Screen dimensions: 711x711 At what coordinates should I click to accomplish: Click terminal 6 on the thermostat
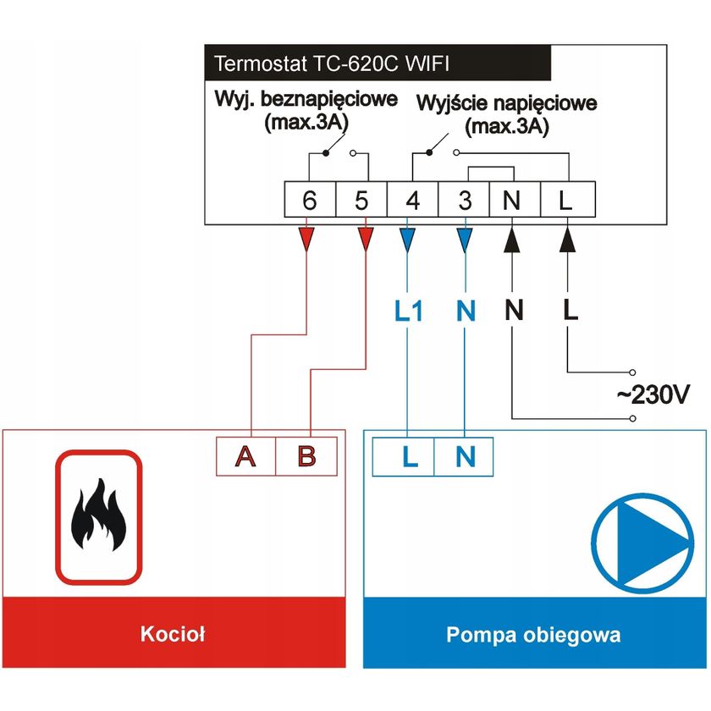point(310,201)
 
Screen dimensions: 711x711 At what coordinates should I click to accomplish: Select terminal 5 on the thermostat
point(361,201)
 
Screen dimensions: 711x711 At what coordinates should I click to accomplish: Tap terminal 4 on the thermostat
point(413,201)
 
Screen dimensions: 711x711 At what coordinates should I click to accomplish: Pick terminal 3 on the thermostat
point(464,201)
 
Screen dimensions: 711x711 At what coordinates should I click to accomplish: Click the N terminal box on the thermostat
point(513,201)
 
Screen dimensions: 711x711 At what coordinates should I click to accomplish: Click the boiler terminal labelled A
point(246,456)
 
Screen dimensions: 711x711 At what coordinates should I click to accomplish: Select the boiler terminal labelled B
point(307,456)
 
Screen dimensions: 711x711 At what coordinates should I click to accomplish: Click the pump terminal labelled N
point(465,457)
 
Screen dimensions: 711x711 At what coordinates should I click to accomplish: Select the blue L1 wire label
point(409,311)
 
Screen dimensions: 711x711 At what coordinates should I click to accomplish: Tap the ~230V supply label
point(654,394)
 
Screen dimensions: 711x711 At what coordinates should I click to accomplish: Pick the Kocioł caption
point(174,634)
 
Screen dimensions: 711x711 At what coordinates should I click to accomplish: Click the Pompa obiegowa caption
point(533,634)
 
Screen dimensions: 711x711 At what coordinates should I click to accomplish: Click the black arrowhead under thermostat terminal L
point(567,240)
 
